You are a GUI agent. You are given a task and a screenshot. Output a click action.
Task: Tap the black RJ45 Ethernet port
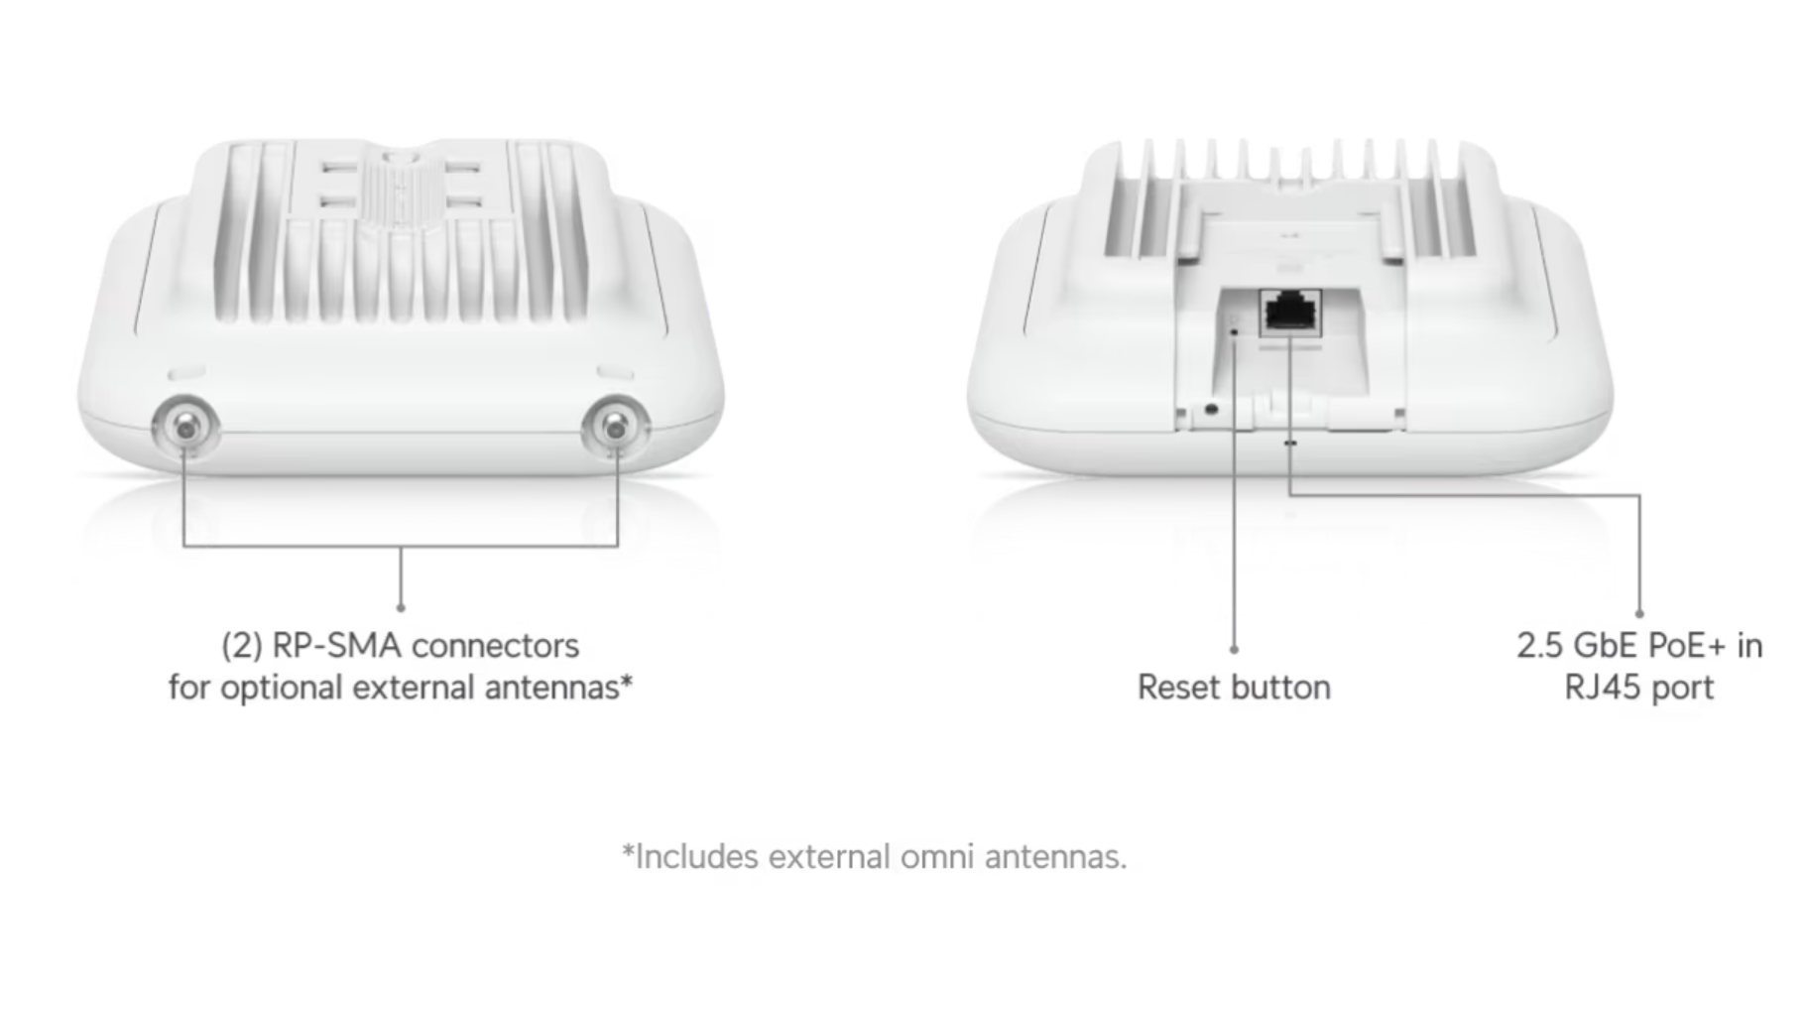pyautogui.click(x=1289, y=314)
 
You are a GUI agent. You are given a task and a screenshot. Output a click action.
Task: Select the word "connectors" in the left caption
pyautogui.click(x=495, y=646)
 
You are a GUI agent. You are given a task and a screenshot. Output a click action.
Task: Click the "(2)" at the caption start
pyautogui.click(x=242, y=646)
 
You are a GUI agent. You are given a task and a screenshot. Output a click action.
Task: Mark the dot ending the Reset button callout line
pyautogui.click(x=1234, y=650)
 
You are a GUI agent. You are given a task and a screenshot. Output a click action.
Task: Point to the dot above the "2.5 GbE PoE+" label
pyautogui.click(x=1639, y=614)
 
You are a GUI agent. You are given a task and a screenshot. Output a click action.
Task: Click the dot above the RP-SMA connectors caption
pyautogui.click(x=401, y=607)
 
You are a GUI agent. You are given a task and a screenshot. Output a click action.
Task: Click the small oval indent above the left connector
pyautogui.click(x=186, y=373)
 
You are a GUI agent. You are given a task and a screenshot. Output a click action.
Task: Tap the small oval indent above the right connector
pyautogui.click(x=615, y=373)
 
